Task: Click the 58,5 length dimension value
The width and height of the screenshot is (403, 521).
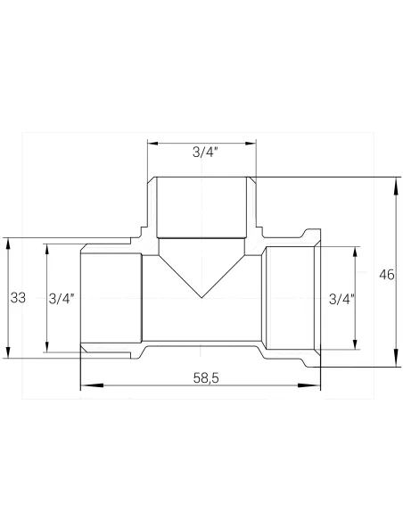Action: pyautogui.click(x=205, y=378)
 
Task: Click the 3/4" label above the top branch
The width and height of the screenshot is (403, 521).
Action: pyautogui.click(x=204, y=152)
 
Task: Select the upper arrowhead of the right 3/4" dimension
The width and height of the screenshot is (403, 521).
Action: pyautogui.click(x=356, y=252)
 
